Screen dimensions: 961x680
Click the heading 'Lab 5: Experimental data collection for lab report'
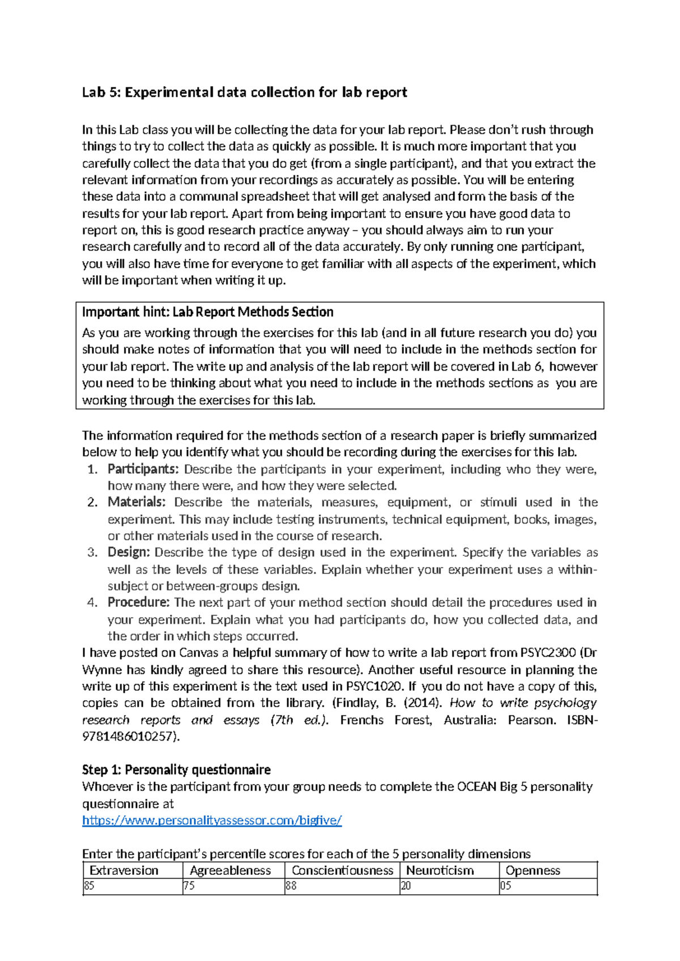point(244,92)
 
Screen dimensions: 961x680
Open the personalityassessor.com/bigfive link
point(212,820)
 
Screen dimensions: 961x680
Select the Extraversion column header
point(124,870)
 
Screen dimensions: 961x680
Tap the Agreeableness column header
point(230,870)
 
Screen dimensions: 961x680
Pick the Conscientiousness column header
point(342,870)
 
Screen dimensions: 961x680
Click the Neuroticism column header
point(440,870)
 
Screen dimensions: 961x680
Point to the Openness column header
point(533,870)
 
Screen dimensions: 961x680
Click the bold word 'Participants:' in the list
point(143,469)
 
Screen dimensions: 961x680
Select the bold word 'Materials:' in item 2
point(137,502)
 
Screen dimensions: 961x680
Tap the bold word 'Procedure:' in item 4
point(138,602)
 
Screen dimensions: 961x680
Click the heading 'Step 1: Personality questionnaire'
point(176,769)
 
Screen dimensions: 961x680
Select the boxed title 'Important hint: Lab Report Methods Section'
point(207,312)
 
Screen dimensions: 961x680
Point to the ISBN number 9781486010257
point(129,737)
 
